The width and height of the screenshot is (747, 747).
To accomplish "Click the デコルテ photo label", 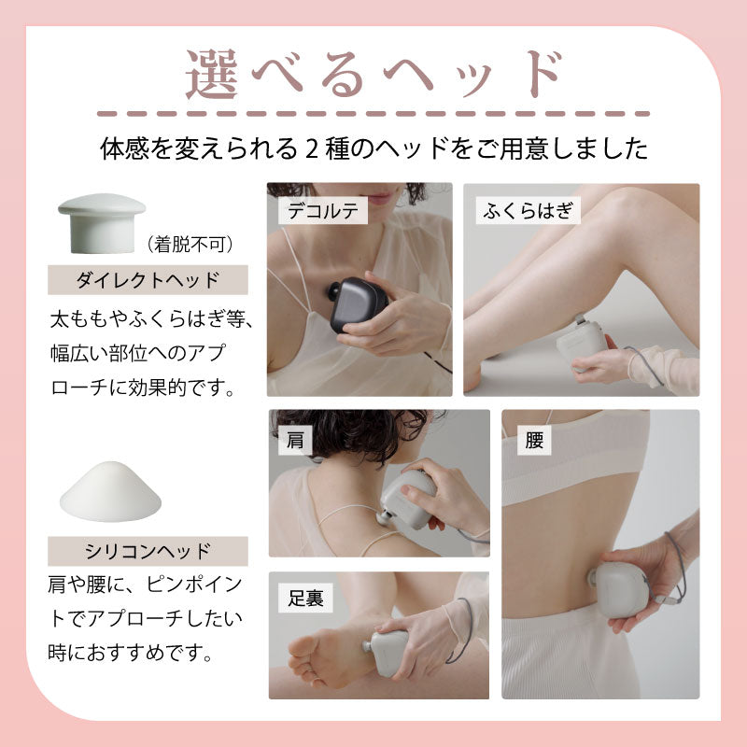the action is point(323,211).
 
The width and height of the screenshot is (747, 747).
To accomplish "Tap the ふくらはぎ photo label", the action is point(528,210).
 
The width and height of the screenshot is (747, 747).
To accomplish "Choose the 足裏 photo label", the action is point(305,598).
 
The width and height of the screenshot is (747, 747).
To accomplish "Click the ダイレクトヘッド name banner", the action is point(148,279).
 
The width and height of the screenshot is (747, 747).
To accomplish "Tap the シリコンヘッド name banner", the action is point(148,551).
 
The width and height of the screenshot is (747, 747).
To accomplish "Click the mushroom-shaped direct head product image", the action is point(102,223).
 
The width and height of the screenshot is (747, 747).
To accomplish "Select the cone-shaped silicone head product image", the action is point(110,492).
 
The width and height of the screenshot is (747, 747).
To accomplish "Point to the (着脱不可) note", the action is point(190,245).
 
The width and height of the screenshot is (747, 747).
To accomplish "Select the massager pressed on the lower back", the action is point(618,590).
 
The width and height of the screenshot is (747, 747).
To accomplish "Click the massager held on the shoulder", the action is point(408,500).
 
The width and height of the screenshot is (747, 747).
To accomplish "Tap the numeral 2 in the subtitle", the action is point(311,149).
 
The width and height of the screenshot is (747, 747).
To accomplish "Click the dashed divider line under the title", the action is point(373,114).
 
